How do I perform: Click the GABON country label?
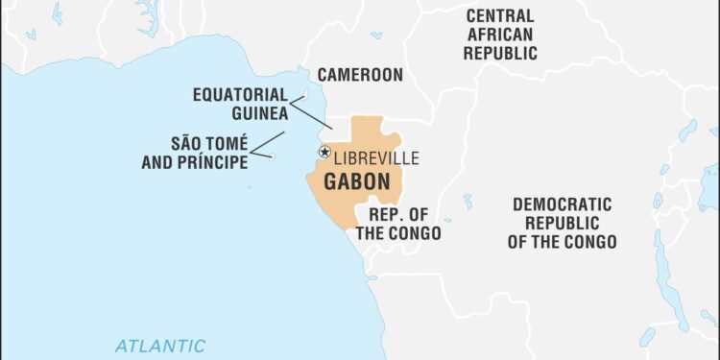356,181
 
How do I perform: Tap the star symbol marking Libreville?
324,152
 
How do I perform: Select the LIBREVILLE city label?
375,158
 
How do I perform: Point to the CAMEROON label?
361,74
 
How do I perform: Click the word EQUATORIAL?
240,94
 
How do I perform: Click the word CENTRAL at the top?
500,15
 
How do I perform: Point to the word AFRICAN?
500,35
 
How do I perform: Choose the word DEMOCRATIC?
562,204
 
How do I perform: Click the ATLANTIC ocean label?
160,346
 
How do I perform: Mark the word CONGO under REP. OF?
415,232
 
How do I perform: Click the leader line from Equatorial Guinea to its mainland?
311,114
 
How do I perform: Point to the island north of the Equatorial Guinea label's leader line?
306,93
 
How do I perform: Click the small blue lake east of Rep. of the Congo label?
468,202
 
